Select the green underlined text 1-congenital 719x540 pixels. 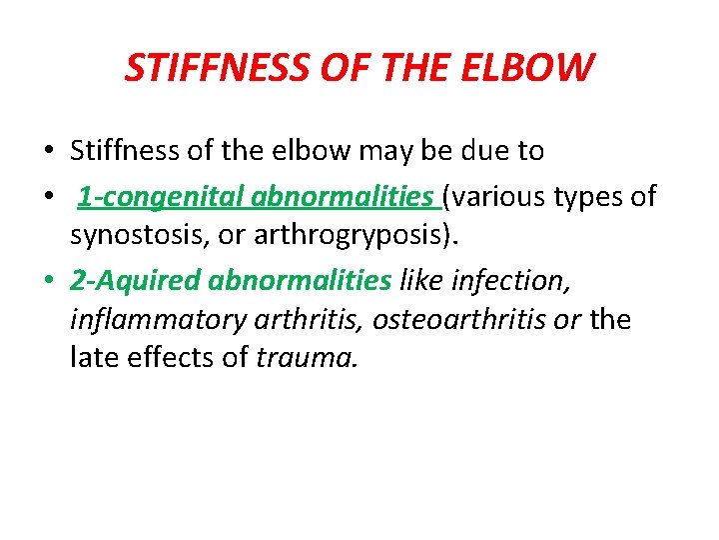(x=161, y=197)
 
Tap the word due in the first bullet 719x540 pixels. (x=483, y=152)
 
